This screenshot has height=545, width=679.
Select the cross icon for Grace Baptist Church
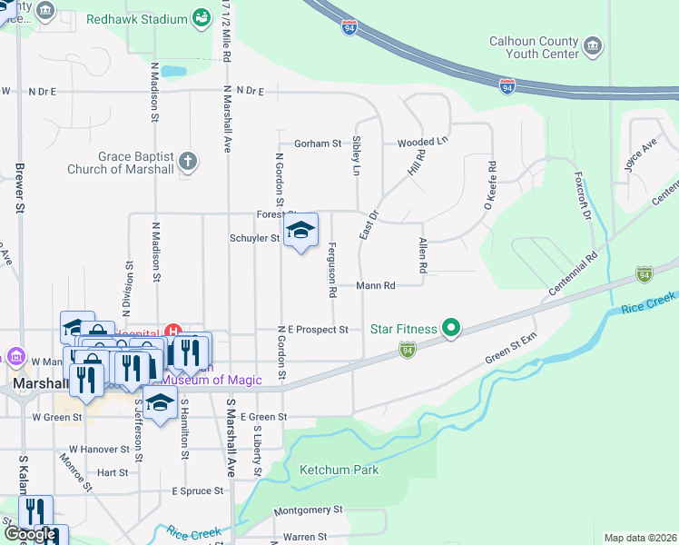point(188,162)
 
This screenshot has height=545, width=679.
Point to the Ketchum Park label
point(339,470)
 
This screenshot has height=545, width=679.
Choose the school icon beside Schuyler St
point(300,232)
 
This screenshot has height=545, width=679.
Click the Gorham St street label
point(317,144)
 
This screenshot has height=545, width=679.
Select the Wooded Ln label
point(423,143)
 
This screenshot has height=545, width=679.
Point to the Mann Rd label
point(376,285)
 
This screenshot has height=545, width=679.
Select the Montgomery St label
point(308,510)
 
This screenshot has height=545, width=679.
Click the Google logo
point(30,534)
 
